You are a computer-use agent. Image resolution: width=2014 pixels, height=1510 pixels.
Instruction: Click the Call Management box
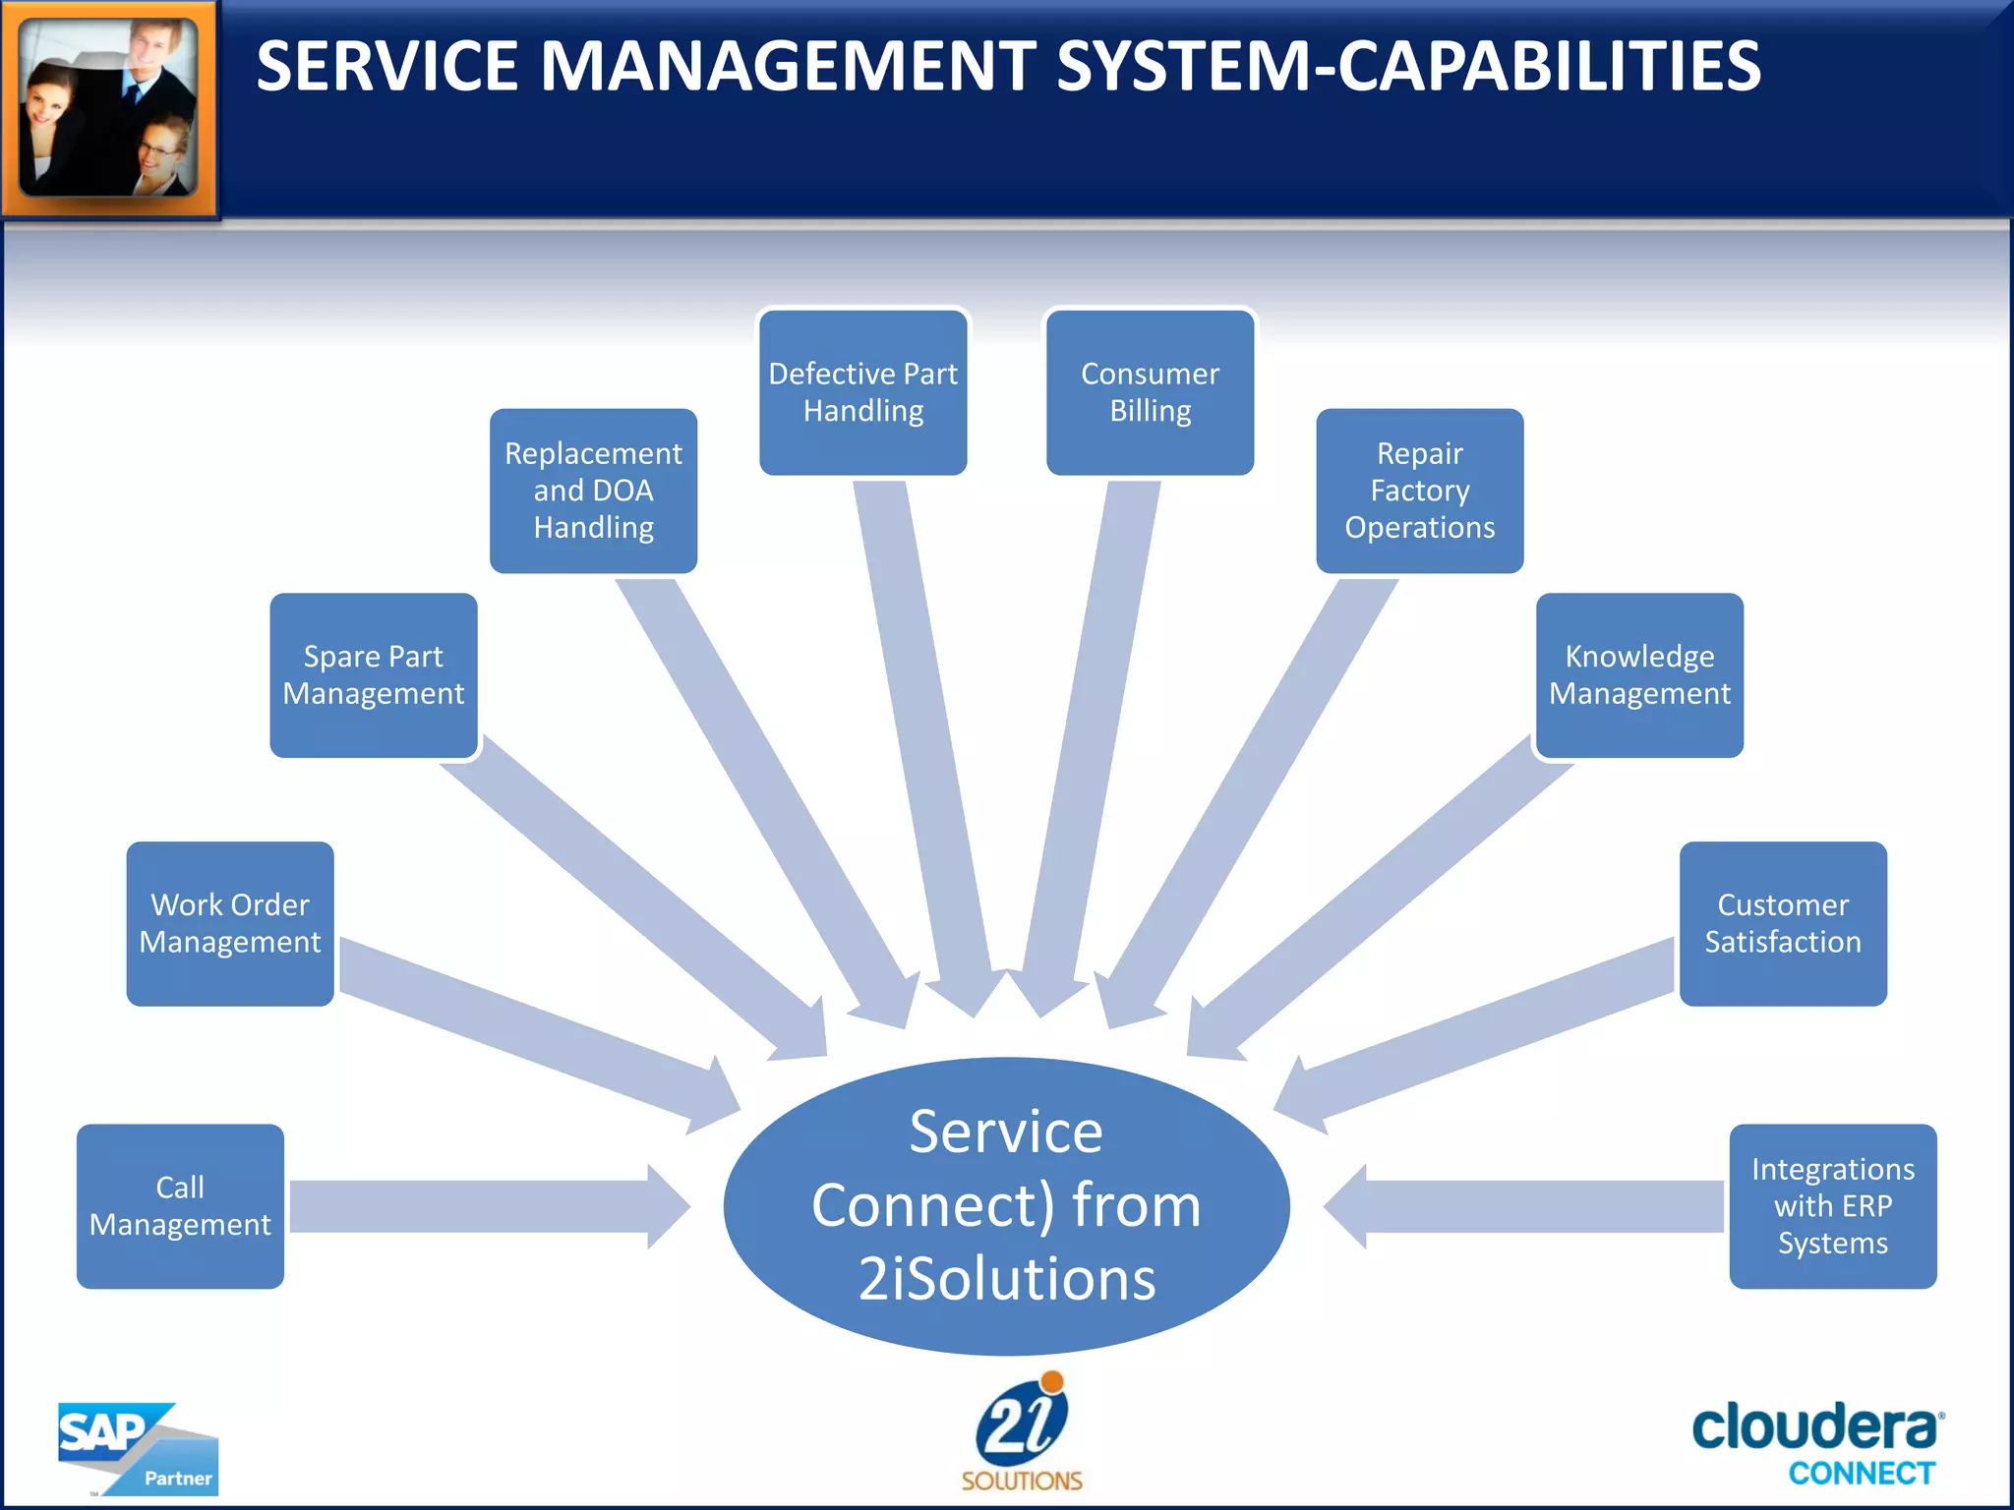point(180,1206)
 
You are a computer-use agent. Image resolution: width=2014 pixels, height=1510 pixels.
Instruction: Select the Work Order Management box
point(230,923)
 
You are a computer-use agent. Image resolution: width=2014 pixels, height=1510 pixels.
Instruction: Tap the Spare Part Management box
point(374,675)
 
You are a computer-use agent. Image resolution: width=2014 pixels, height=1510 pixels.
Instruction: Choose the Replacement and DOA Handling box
point(593,491)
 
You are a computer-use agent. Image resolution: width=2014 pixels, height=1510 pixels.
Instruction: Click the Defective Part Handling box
point(862,392)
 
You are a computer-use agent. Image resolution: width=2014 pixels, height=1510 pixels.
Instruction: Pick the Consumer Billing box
point(1150,392)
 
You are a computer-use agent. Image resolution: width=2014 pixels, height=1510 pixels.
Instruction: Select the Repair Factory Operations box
point(1419,491)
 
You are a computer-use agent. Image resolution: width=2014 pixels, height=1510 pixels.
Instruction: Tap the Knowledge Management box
point(1639,675)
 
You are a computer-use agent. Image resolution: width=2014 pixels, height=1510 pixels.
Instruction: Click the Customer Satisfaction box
point(1783,923)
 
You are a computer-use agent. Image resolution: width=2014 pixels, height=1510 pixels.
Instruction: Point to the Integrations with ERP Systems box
point(1832,1206)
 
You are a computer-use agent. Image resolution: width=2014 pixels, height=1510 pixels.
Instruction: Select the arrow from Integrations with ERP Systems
point(1534,1206)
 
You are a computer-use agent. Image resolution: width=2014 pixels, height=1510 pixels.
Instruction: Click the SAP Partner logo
point(137,1448)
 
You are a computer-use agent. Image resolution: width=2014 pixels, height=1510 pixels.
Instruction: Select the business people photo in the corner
point(108,108)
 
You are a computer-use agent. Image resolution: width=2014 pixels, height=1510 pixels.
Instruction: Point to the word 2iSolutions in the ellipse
point(1007,1279)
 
